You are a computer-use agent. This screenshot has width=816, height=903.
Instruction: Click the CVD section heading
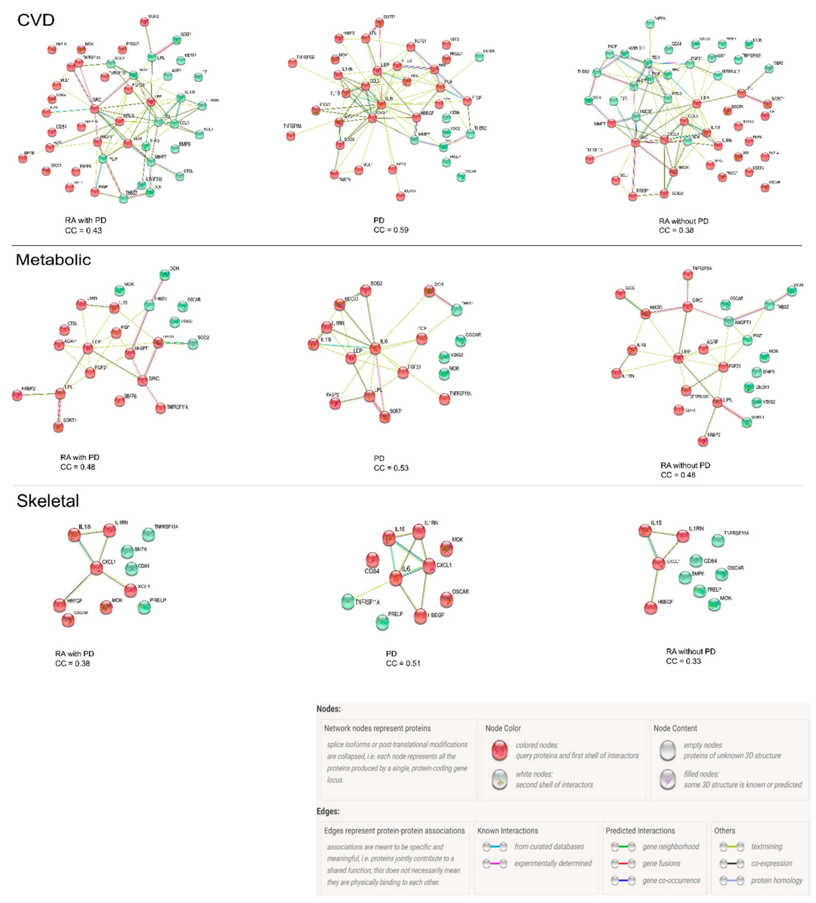coord(36,20)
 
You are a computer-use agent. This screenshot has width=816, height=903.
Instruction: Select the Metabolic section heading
coord(53,260)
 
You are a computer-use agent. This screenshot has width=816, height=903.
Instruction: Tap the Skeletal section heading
coord(48,501)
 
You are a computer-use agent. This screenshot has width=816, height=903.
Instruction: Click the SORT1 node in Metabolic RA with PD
coord(58,427)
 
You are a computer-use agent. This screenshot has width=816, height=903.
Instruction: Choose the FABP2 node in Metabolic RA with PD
coord(17,395)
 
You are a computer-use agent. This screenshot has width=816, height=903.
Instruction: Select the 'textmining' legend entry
coord(766,847)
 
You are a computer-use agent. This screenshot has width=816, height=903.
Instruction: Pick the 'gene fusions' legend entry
coord(661,863)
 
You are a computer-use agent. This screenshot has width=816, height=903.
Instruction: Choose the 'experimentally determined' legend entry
coord(552,863)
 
